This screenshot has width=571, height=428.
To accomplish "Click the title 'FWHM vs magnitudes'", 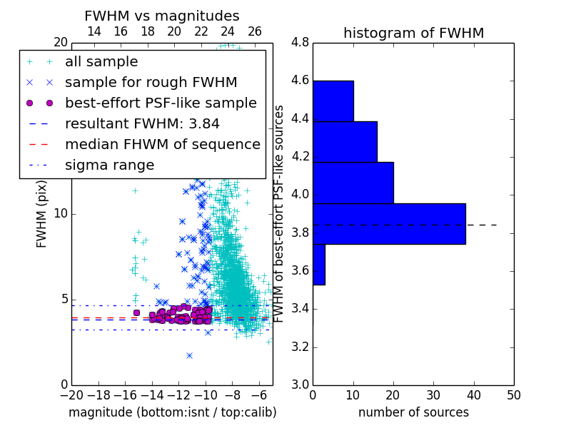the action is pyautogui.click(x=162, y=16).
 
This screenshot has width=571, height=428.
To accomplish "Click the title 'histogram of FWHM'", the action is pyautogui.click(x=414, y=33).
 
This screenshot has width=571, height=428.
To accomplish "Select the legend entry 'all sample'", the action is pyautogui.click(x=101, y=62).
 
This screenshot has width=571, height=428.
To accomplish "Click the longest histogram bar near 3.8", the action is pyautogui.click(x=389, y=224).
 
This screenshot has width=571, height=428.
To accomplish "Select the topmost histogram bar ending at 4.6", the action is pyautogui.click(x=333, y=101).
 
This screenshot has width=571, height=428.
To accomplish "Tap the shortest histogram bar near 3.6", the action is pyautogui.click(x=319, y=265).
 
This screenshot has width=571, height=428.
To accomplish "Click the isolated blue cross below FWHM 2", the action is pyautogui.click(x=189, y=355).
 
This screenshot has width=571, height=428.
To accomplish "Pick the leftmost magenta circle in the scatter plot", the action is pyautogui.click(x=136, y=312).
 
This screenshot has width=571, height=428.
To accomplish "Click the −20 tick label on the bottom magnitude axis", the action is pyautogui.click(x=72, y=395).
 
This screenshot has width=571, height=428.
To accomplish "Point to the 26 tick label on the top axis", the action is pyautogui.click(x=255, y=31).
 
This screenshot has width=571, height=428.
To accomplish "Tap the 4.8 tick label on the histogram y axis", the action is pyautogui.click(x=300, y=43).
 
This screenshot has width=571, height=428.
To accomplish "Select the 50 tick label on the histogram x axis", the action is pyautogui.click(x=514, y=395).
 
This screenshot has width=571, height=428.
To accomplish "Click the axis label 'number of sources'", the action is pyautogui.click(x=414, y=412).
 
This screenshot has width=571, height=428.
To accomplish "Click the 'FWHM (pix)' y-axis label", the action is pyautogui.click(x=41, y=214).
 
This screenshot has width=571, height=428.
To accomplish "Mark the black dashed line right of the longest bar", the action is pyautogui.click(x=481, y=225).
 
